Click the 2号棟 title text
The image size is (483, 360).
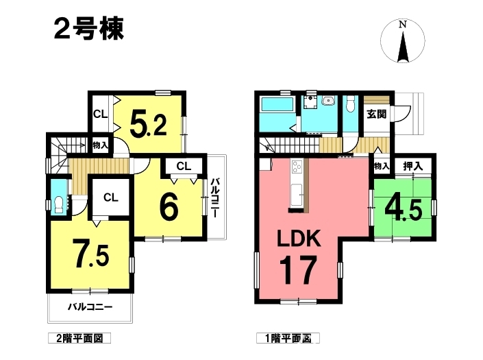point(88,29)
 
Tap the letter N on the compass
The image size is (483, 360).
point(402,25)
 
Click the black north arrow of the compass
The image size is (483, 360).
point(403,47)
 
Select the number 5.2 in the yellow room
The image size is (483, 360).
point(149,123)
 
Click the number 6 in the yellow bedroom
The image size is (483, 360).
point(169,208)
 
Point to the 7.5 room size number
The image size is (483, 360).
point(91,253)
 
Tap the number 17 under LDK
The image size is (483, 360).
point(298,271)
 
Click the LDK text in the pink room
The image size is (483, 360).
point(299,239)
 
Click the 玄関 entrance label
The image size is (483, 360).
point(376,115)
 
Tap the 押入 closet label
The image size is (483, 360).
point(413,167)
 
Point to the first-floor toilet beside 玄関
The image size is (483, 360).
point(350,104)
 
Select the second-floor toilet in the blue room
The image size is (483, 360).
point(58,204)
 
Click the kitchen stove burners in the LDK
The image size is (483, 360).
point(297,167)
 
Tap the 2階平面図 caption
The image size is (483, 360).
point(79,339)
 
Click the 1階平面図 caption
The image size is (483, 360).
point(288,339)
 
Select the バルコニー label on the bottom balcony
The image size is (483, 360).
point(90,307)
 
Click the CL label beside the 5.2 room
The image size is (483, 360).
point(101,115)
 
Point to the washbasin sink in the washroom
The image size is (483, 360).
point(328,100)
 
